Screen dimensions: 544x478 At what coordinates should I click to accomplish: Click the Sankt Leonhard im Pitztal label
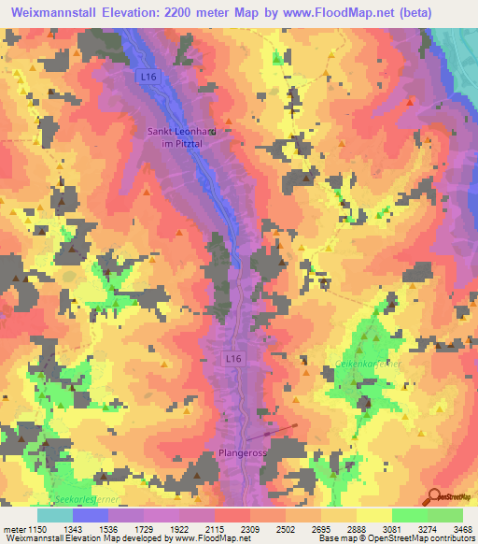point(182,137)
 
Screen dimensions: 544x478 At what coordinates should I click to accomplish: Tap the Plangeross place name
point(242,452)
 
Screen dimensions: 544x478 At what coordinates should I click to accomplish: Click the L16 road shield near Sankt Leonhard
point(146,77)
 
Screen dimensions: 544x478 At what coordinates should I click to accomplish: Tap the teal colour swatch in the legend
point(54,515)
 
